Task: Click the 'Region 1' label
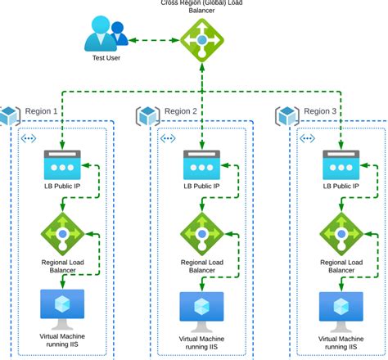pos(42,111)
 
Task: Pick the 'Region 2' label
pos(181,111)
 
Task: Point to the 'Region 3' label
pos(320,111)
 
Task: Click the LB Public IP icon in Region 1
pos(62,164)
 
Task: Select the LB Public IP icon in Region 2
pos(201,164)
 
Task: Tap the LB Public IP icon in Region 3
pos(341,164)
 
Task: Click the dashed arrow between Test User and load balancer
pos(156,39)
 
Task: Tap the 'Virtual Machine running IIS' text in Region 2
pos(201,343)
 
